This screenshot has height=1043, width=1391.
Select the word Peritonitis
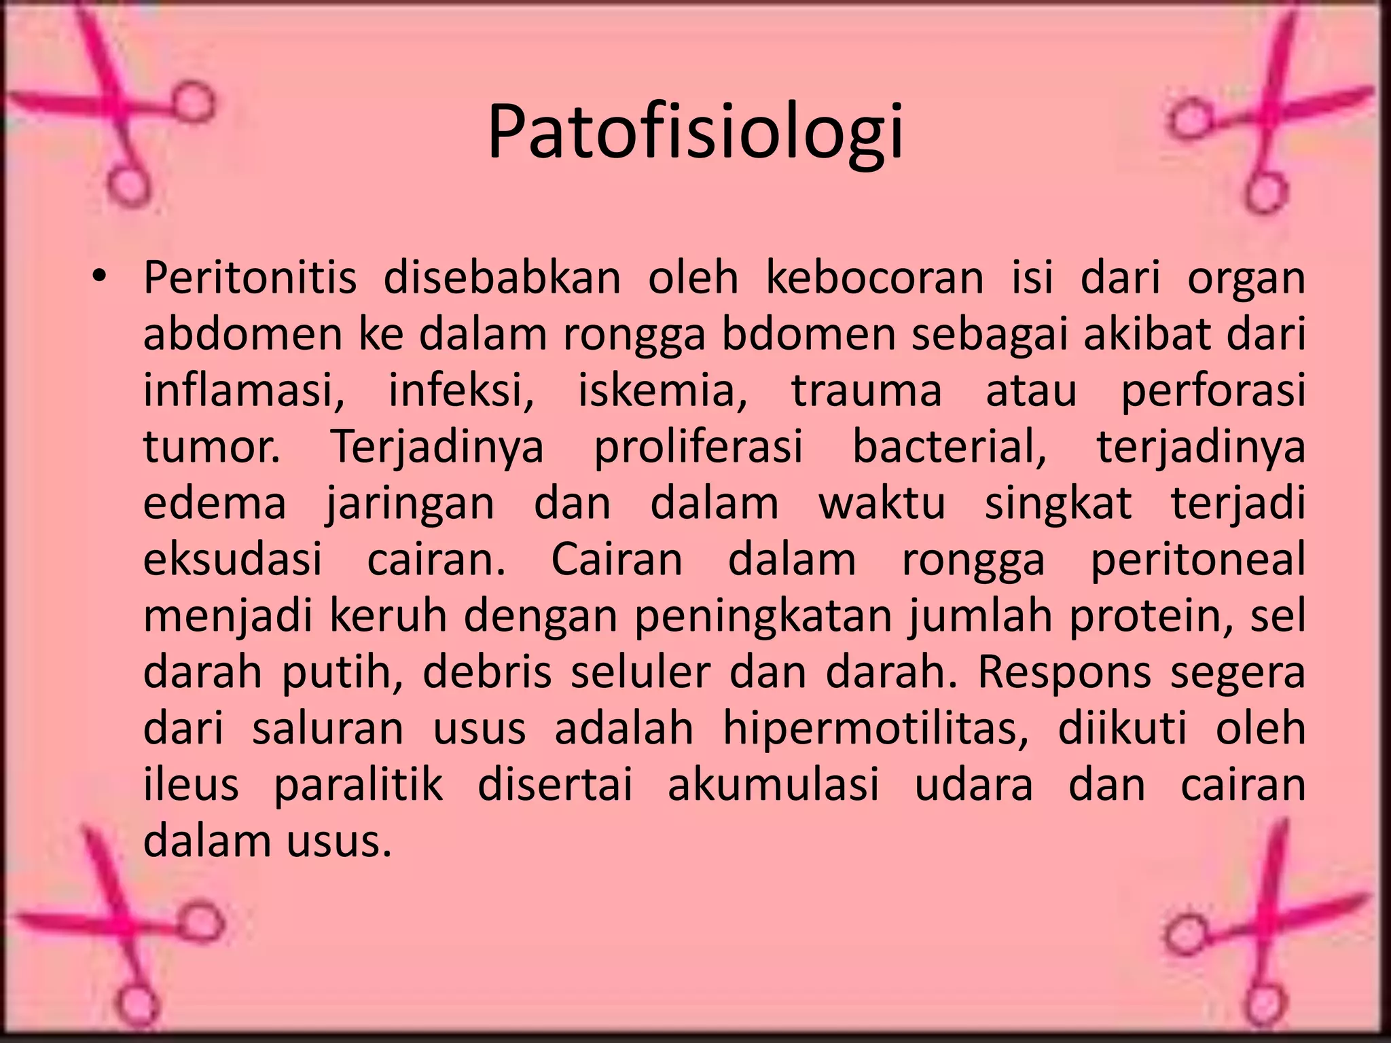(250, 278)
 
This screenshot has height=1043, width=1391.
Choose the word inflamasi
(243, 392)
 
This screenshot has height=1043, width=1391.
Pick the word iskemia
(662, 392)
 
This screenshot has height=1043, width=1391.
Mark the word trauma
(867, 392)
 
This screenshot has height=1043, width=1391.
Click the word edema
(215, 504)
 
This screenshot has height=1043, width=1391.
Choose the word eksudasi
(233, 560)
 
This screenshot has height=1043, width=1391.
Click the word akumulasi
(774, 785)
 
